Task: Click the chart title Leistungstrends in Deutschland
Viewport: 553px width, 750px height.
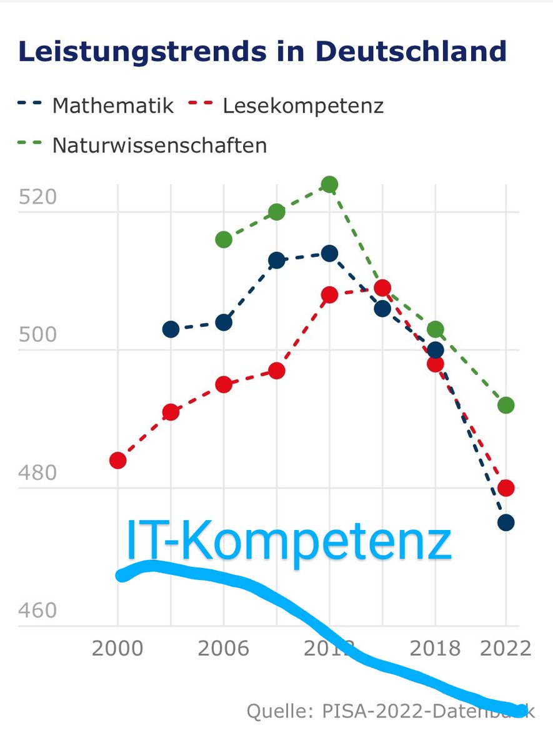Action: tap(262, 51)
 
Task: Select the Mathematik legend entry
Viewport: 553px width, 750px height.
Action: tap(112, 105)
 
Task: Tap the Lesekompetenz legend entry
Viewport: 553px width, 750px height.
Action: tap(302, 105)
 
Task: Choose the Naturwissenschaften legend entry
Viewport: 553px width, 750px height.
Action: tap(159, 145)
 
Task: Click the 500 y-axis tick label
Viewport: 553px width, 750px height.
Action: tap(37, 335)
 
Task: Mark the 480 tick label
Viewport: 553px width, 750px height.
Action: tap(37, 473)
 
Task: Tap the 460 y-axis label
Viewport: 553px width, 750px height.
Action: tap(37, 611)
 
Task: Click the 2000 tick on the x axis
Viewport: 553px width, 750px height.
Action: tap(117, 647)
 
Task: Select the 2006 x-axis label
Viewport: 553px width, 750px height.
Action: tap(223, 647)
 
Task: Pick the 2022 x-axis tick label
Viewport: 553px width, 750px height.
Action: tap(506, 647)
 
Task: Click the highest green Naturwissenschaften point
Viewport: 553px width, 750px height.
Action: tap(329, 184)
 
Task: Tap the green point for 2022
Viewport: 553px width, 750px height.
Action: tap(506, 405)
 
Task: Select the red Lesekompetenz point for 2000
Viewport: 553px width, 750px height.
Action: tap(117, 461)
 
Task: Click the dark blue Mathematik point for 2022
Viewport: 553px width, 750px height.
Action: tap(506, 522)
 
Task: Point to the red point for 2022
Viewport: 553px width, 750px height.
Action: tap(506, 487)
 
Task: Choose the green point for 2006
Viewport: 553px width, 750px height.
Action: tap(224, 239)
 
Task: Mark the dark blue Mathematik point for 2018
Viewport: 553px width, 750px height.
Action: tap(436, 349)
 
